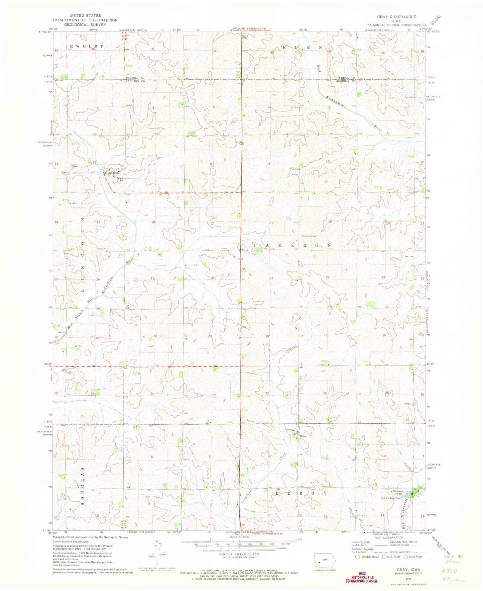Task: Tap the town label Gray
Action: pyautogui.click(x=121, y=169)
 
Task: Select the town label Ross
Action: pyautogui.click(x=303, y=436)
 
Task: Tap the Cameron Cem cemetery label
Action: pyautogui.click(x=309, y=236)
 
